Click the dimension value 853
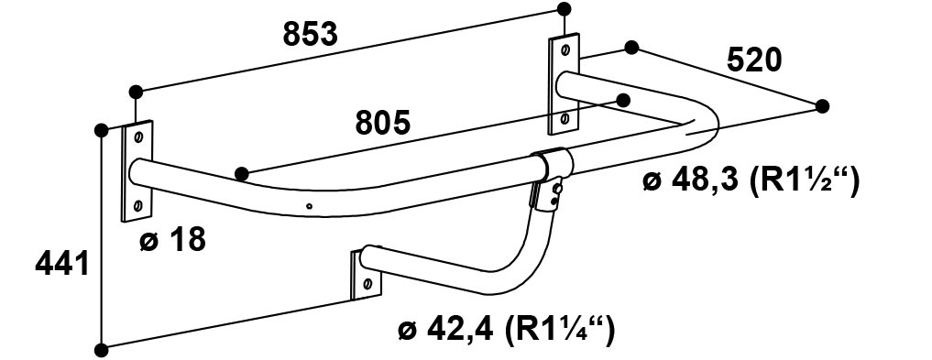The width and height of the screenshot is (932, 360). (x=310, y=35)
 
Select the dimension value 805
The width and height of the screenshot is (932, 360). (x=383, y=123)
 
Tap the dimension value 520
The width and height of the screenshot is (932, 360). (x=754, y=60)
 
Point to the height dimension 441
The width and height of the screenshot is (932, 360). (x=62, y=263)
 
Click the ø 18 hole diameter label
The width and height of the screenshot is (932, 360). (x=172, y=239)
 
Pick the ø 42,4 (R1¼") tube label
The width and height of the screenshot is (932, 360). (x=506, y=330)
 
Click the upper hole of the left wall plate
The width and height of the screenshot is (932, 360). (x=138, y=137)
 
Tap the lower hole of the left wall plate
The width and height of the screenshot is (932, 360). (x=137, y=206)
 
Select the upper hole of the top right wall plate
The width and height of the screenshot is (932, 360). (x=565, y=49)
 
